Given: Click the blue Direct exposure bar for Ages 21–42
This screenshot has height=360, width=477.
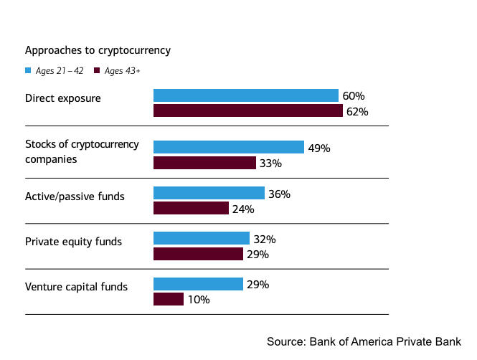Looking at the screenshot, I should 245,95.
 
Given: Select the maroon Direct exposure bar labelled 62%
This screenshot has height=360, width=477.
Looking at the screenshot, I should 247,111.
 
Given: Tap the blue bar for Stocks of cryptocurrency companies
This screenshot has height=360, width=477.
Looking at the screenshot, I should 228,147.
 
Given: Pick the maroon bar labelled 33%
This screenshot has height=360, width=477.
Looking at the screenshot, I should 204,163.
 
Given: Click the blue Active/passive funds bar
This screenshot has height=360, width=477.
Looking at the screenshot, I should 209,193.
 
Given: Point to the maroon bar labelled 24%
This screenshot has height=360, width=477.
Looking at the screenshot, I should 191,209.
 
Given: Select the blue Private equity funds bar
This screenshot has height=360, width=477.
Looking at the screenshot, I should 201,238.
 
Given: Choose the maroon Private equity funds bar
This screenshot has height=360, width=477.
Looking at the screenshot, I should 198,254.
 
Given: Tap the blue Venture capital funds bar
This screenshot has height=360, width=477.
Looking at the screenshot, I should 198,284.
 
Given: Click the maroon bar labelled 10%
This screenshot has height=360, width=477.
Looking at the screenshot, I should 169,299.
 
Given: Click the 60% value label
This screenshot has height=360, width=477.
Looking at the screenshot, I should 354,95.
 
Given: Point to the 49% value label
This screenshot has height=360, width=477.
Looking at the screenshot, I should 318,148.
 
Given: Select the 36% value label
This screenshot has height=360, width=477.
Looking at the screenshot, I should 279,194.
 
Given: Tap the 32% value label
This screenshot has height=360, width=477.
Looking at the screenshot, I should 264,239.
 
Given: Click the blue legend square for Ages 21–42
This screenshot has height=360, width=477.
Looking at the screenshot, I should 28,70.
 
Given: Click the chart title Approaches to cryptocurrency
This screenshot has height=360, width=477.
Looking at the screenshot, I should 97,50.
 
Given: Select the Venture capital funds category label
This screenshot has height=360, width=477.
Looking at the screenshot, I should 76,287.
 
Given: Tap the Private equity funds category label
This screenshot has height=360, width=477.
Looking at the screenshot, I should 73,242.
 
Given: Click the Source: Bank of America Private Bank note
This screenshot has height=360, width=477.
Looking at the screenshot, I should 364,341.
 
